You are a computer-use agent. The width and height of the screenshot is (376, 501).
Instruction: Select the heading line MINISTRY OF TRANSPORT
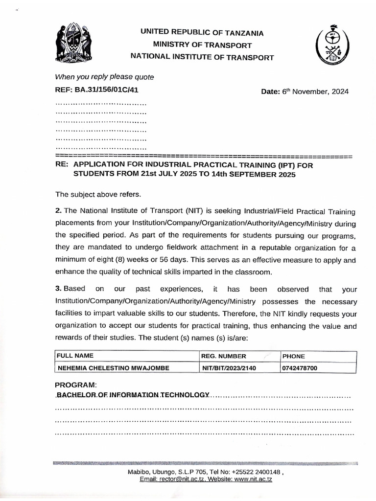tap(202, 45)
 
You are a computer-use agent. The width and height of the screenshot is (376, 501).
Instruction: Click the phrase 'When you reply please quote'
tap(105, 77)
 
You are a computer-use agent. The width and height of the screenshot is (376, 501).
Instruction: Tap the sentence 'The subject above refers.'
tap(98, 194)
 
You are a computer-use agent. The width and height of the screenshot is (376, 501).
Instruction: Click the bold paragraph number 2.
tap(58, 211)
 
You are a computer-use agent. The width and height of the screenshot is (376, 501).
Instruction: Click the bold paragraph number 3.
tap(58, 289)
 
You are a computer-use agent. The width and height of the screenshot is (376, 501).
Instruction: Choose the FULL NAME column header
tap(75, 356)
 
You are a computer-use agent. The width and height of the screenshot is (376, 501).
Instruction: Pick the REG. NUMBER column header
tap(224, 356)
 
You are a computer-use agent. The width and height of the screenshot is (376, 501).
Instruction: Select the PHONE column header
tap(294, 356)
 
